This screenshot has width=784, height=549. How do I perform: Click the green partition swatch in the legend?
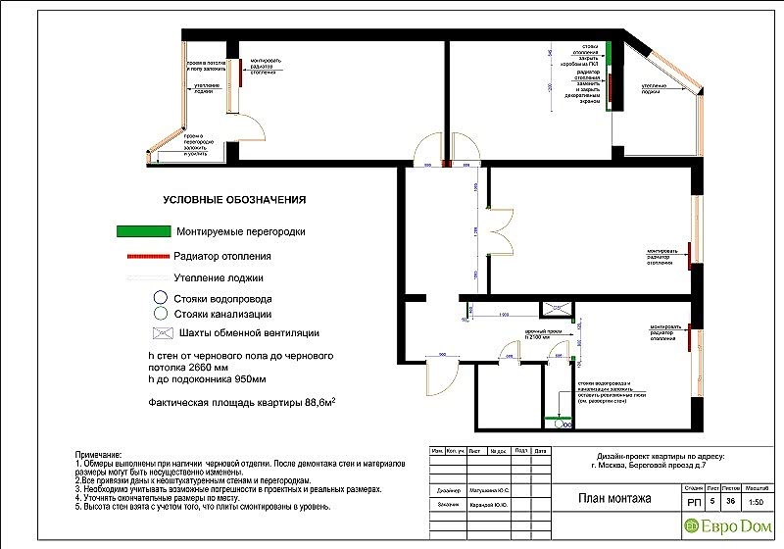click(143, 232)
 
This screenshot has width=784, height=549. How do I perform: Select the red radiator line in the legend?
click(143, 257)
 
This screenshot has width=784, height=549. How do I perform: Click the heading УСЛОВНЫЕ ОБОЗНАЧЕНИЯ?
click(234, 200)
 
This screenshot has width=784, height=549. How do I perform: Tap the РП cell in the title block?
click(694, 501)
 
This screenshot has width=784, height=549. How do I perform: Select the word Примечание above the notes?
click(97, 457)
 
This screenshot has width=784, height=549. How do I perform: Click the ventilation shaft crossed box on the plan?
click(562, 310)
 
